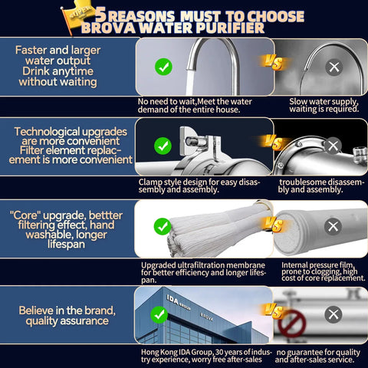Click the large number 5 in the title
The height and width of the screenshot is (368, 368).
click(101, 15)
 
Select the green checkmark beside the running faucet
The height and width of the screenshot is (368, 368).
click(163, 67)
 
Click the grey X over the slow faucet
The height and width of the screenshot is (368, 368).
click(334, 67)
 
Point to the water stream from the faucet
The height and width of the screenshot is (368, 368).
click(189, 82)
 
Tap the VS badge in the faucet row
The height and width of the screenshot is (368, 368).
click(274, 63)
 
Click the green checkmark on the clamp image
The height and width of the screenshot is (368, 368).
click(163, 146)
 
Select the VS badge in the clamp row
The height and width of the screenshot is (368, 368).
click(274, 143)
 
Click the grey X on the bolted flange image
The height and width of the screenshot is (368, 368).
click(333, 146)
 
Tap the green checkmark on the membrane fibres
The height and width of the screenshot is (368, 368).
click(163, 226)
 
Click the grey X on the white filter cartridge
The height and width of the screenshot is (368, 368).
click(333, 226)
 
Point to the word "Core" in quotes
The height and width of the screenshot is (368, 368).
click(25, 215)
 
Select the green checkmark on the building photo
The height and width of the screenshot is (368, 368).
click(159, 314)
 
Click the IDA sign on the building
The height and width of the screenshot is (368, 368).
click(172, 301)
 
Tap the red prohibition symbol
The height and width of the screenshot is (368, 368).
click(292, 324)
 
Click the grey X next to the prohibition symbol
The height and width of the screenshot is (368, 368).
click(333, 314)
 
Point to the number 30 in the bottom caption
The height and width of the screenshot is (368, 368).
click(219, 352)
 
